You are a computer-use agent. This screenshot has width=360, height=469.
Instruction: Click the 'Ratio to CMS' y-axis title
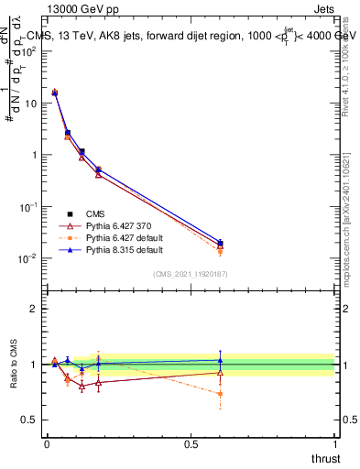point(14,365)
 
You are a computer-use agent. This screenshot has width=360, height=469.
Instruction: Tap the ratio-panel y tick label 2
point(34,309)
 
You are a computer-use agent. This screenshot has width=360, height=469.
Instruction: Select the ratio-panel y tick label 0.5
point(30,420)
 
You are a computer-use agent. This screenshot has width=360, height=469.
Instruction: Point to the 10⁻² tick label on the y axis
point(29,258)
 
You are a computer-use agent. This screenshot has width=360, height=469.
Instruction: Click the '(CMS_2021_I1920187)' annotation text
point(191,274)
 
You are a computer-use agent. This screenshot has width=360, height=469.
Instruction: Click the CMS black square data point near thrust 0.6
point(220,243)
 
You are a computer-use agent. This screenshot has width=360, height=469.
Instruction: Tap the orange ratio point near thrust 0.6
point(220,394)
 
